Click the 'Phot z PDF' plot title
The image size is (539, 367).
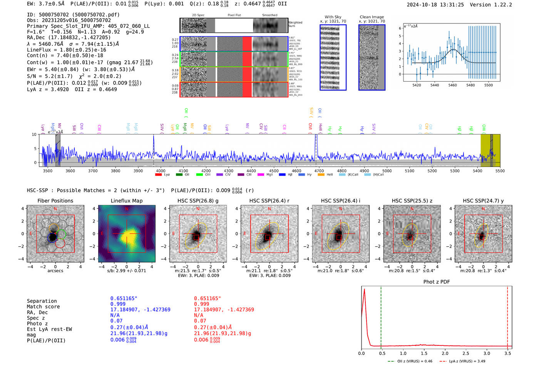(x=437, y=282)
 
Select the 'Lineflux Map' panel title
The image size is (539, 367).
(x=127, y=201)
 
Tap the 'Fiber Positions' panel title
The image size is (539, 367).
(x=55, y=201)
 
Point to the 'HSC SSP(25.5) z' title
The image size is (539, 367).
(x=412, y=201)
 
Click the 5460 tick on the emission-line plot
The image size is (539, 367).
(x=452, y=85)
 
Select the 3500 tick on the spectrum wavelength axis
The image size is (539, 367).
(x=48, y=171)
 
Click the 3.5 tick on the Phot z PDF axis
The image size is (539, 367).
(x=508, y=353)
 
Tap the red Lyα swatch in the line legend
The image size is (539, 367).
(x=158, y=175)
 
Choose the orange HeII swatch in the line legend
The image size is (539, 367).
(x=321, y=175)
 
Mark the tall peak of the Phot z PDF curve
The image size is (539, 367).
(x=364, y=290)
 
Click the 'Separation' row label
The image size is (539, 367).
(x=42, y=301)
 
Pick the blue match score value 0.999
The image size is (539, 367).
(x=118, y=304)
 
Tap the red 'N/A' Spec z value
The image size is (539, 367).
(x=199, y=315)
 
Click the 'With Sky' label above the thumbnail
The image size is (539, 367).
(x=333, y=17)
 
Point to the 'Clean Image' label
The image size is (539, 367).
(x=372, y=17)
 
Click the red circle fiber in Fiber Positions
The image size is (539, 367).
(x=60, y=243)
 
